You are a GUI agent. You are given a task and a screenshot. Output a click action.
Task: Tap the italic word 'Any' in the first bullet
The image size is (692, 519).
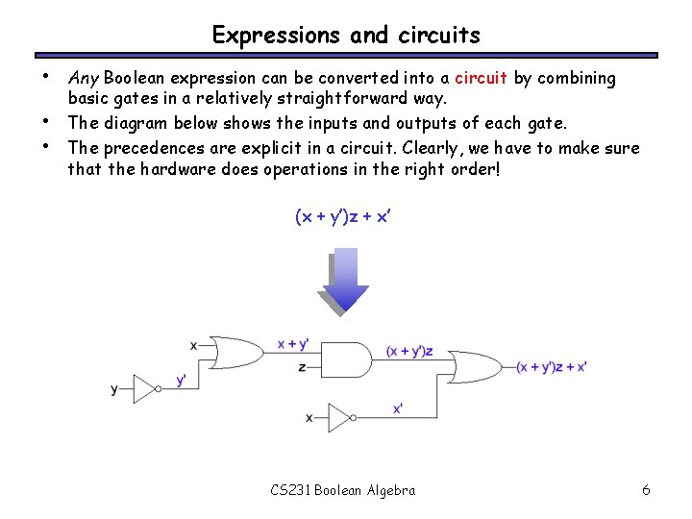83,78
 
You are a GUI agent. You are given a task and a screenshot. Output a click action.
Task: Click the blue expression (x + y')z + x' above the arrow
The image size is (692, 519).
344,217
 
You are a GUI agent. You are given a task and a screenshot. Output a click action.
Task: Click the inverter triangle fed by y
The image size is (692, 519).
146,389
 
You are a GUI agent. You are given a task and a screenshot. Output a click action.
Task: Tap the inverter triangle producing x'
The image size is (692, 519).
341,417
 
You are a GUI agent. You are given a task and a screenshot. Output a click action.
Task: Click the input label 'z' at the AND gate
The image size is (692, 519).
303,367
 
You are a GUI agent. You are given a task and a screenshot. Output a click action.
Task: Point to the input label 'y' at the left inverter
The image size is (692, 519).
114,389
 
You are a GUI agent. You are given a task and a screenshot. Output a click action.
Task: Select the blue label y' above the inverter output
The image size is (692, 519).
181,380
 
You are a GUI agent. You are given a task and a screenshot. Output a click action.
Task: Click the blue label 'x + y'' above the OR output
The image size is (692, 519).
292,344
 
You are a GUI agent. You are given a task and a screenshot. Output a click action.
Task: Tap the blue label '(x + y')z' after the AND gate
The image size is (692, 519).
408,352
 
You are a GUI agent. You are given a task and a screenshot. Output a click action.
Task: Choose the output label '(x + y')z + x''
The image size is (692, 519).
551,366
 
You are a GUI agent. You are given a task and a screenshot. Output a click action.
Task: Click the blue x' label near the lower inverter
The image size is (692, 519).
397,408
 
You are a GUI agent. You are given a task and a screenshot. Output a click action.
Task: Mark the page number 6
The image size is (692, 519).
646,490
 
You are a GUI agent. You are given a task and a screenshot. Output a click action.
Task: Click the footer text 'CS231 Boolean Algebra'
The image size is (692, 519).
343,490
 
